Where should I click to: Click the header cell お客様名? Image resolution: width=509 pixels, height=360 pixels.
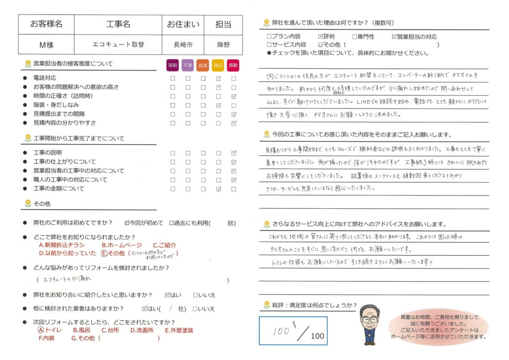pos(46,24)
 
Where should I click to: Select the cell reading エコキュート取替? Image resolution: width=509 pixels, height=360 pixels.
pos(118,44)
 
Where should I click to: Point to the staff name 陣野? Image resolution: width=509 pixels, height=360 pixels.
pos(223,44)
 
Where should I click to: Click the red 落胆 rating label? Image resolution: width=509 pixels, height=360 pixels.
pos(172,65)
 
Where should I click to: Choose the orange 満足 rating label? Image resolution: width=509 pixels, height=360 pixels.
pos(218,65)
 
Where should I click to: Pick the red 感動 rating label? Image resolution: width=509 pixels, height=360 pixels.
pos(234,65)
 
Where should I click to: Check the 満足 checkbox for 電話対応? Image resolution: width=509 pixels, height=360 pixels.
pos(219,78)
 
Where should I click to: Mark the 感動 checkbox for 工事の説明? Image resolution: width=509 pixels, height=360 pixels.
pos(234,153)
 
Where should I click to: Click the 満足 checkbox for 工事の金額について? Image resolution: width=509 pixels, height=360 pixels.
pos(219,189)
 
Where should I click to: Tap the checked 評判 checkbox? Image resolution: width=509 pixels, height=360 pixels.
pos(320,36)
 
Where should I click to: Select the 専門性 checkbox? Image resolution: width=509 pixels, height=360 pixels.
pos(354,36)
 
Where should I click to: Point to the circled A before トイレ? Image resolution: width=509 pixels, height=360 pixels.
pos(41,330)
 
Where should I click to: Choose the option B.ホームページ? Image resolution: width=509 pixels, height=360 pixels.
pos(122,245)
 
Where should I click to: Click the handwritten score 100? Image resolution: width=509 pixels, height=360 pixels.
pos(281,331)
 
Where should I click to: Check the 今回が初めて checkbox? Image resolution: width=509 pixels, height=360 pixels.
pos(127,223)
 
